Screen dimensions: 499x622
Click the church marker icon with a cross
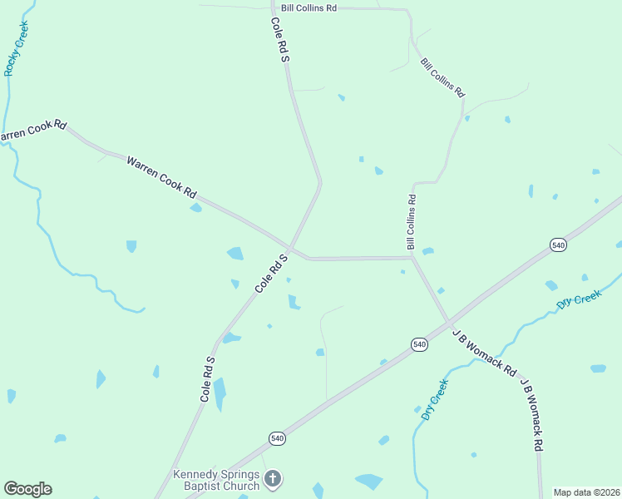[x=274, y=479]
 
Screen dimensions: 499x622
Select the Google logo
[x=27, y=489]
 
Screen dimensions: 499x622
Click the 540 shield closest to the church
[x=278, y=438]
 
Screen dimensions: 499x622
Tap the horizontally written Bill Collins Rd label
[x=309, y=7]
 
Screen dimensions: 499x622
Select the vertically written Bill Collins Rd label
[x=411, y=222]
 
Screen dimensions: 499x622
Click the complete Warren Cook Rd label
[x=161, y=176]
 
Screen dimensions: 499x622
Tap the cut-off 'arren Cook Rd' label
[x=32, y=131]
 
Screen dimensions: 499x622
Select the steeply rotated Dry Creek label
[x=435, y=399]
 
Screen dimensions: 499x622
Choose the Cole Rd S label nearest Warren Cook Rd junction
[x=271, y=273]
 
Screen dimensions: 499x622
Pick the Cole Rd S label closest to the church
[x=208, y=379]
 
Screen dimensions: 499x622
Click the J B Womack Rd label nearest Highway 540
[x=485, y=351]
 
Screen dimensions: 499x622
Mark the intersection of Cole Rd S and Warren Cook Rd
[x=289, y=247]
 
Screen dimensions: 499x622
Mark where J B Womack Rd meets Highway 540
[x=449, y=321]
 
